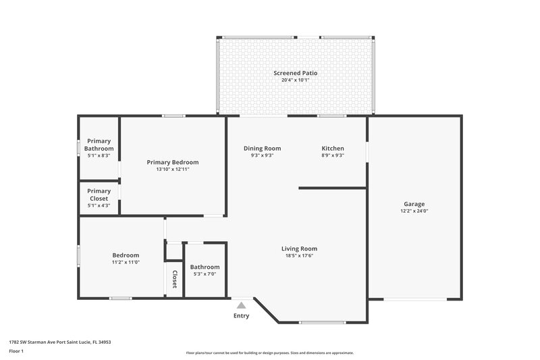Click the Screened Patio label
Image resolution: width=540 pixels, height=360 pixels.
coord(295,73)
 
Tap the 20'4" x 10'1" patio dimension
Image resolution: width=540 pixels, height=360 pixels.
coord(295,80)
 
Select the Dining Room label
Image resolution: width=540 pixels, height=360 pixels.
coord(262,148)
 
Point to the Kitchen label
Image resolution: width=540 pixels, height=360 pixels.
coord(333,148)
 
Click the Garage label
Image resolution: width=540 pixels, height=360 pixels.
coord(414,204)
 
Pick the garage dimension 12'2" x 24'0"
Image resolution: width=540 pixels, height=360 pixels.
coord(414,211)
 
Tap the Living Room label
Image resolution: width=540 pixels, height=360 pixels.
coord(299,249)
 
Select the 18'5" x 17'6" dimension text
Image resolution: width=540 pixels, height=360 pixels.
coord(299,255)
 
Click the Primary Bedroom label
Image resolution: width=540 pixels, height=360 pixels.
coord(173,162)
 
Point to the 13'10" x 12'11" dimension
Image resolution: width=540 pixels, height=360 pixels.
coord(173,169)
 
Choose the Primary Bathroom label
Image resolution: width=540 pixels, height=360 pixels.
coord(99,145)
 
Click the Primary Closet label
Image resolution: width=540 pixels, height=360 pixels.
coord(99,195)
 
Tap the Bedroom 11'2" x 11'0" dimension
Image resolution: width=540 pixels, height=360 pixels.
coord(126,262)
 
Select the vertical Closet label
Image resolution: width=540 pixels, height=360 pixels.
coord(174,279)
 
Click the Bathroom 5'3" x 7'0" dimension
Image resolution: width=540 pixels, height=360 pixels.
coord(205,274)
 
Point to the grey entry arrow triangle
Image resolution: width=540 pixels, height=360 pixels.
coord(241,305)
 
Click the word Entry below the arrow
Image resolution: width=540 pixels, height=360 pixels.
coord(241,315)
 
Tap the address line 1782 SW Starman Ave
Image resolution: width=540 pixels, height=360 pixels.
coord(60,342)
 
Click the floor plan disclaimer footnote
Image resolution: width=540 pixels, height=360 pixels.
coord(269,353)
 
